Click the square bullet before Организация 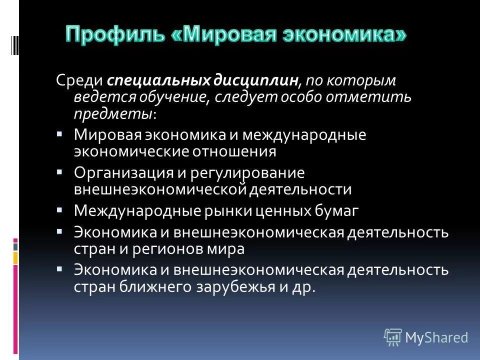coord(59,171)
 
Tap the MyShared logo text coord(437,337)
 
